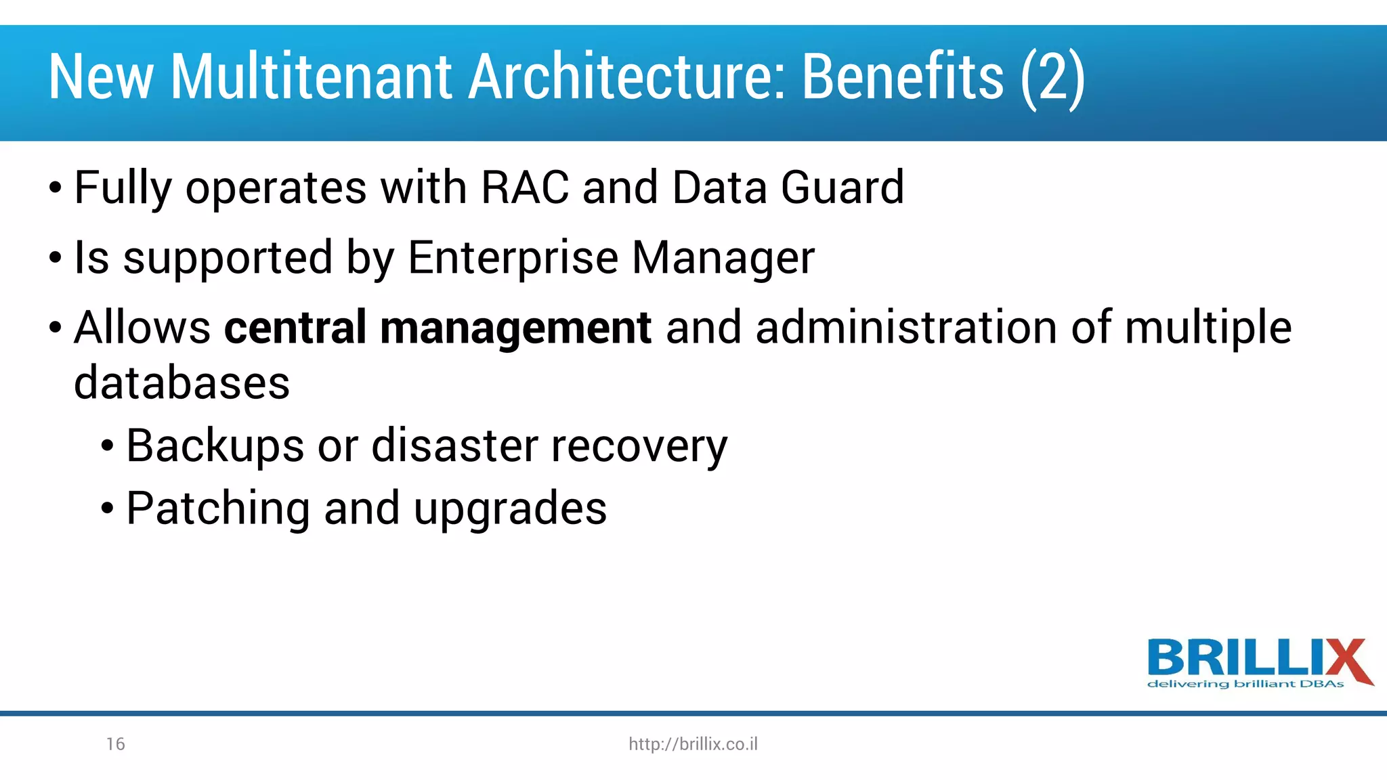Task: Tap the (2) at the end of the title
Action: pos(1053,79)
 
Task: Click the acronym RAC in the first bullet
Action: pos(525,188)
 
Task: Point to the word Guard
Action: pos(842,188)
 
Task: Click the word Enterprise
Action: pos(513,258)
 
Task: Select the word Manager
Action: pos(723,258)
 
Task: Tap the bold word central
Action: pos(295,328)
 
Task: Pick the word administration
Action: pos(906,328)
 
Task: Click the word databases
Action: pos(182,383)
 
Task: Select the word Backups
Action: pos(215,447)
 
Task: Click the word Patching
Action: pos(218,509)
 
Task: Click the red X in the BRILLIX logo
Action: pos(1347,660)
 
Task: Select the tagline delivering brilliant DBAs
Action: pos(1245,685)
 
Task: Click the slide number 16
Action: pos(115,744)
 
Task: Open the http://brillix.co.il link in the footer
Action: pos(693,744)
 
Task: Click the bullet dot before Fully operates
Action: pos(56,189)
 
